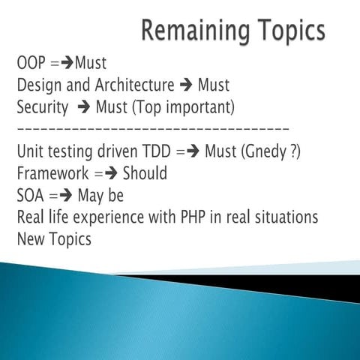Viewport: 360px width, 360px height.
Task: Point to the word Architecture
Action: [x=133, y=85]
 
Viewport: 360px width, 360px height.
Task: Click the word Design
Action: [x=39, y=85]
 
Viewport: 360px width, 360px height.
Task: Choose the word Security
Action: [x=43, y=107]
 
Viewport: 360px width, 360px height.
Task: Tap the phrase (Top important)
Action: [x=184, y=107]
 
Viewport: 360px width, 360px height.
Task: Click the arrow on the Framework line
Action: [x=110, y=174]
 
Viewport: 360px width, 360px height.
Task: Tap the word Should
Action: [x=145, y=173]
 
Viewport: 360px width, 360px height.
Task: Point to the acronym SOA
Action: [x=31, y=196]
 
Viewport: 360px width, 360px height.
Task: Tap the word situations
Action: [x=286, y=217]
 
